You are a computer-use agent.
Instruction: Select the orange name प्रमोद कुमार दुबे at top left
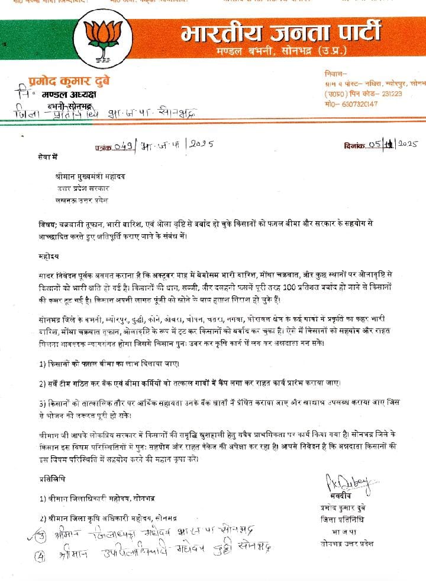pos(69,81)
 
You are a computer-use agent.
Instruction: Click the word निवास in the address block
pos(334,74)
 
